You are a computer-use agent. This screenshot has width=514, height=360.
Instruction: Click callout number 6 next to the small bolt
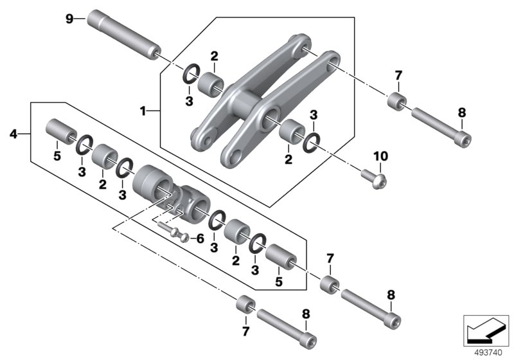[x=200, y=239]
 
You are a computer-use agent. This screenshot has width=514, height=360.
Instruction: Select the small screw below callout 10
[x=373, y=174]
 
